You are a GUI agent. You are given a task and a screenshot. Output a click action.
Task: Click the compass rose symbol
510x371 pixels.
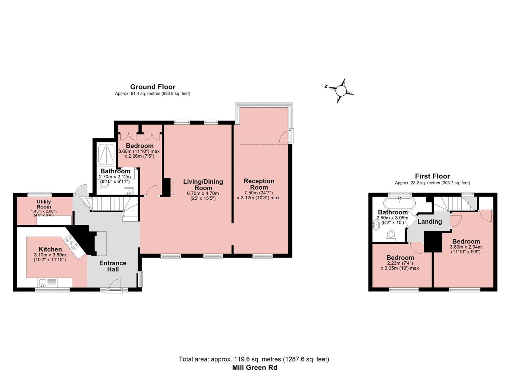point(341,91)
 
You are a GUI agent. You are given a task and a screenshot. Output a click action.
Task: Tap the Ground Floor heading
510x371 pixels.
point(153,87)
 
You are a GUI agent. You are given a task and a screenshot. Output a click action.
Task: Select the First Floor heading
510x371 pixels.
point(432,176)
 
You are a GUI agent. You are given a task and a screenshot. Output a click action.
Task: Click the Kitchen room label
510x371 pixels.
point(50,249)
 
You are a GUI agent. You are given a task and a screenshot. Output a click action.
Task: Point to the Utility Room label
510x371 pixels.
point(44,204)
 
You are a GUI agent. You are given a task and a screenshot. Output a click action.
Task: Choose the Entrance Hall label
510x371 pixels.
point(113,266)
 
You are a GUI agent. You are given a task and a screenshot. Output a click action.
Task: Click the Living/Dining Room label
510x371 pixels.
point(203,185)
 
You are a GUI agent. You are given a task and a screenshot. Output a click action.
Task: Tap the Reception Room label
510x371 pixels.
point(259,184)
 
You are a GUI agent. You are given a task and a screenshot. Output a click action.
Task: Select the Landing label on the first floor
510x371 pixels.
point(430,222)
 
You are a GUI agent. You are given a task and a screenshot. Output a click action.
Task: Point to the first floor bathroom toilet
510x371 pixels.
point(391,236)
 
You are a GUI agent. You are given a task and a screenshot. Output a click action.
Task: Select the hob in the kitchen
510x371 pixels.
point(71,242)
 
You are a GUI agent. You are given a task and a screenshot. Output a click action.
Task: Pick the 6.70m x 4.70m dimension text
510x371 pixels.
point(203,194)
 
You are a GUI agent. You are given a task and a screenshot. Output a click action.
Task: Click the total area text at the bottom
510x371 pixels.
point(254,359)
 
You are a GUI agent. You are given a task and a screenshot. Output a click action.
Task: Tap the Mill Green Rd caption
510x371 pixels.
point(254,367)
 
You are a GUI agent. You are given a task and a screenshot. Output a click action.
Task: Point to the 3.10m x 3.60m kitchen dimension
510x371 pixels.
point(50,255)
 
